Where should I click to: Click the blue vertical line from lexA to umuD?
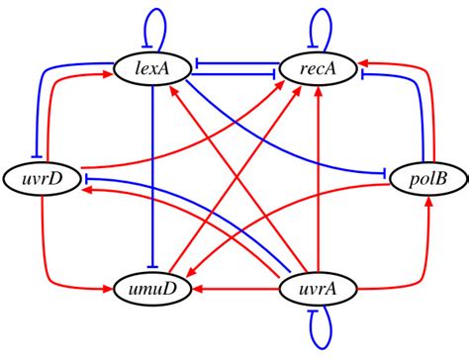click(151, 178)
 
